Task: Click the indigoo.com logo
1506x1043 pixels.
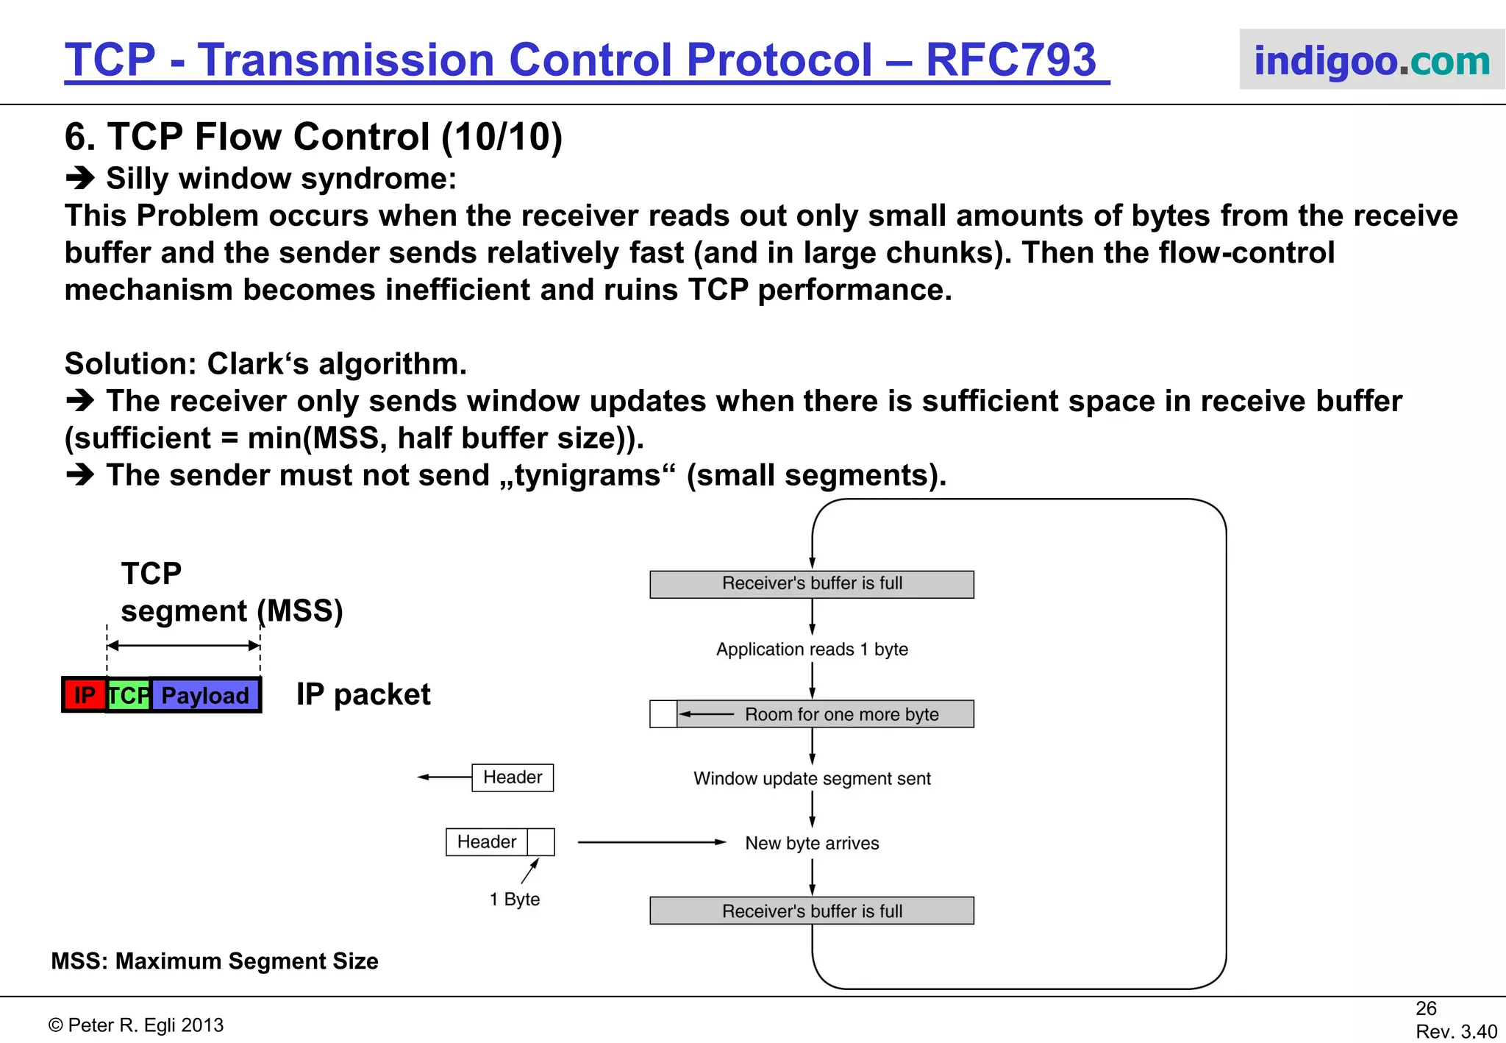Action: (1371, 60)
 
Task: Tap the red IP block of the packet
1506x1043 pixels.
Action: (85, 695)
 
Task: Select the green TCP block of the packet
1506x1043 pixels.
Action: (129, 695)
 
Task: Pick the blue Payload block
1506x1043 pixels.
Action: (205, 695)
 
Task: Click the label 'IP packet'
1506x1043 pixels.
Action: (363, 694)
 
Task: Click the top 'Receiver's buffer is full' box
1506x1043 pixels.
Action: (812, 584)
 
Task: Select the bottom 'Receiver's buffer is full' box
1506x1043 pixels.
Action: (812, 911)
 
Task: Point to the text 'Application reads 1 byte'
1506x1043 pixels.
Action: (812, 649)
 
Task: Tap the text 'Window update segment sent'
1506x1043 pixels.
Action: (812, 778)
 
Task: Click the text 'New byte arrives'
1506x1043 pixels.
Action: (812, 843)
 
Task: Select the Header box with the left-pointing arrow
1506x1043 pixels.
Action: (513, 777)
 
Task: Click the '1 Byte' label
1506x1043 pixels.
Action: (514, 899)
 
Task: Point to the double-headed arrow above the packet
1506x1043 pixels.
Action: (183, 646)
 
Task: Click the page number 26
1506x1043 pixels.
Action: (1426, 1008)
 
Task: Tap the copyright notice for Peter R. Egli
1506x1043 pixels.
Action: (136, 1025)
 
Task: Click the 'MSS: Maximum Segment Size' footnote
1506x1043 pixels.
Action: (215, 961)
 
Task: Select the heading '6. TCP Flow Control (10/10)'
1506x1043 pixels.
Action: (313, 137)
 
